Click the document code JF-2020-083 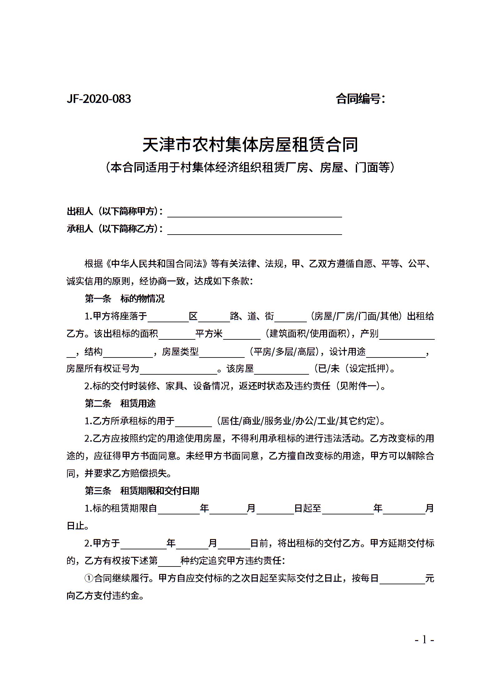click(x=99, y=99)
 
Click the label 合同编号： click(x=361, y=99)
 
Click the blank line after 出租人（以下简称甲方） click(x=255, y=212)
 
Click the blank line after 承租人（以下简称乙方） click(x=255, y=230)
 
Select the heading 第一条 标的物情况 click(x=125, y=299)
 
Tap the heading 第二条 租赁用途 click(x=120, y=404)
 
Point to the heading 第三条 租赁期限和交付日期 click(x=142, y=491)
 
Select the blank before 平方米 click(x=177, y=334)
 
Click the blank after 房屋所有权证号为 click(x=179, y=369)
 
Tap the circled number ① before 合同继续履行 click(x=89, y=579)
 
